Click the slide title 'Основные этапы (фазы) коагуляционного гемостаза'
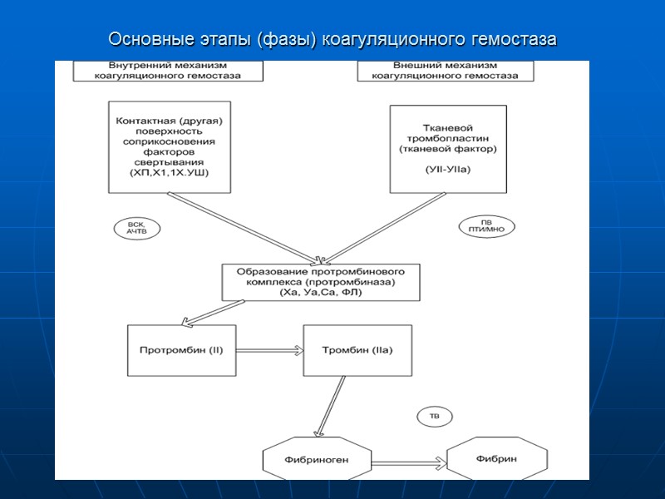click(x=332, y=40)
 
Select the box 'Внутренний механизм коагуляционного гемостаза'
click(x=168, y=71)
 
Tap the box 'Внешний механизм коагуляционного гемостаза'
click(x=446, y=71)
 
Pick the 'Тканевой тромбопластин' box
click(x=448, y=148)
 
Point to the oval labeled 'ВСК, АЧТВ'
click(x=136, y=229)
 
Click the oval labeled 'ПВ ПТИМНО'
click(x=487, y=225)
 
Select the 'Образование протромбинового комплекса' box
click(x=321, y=283)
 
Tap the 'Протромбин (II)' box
click(x=181, y=350)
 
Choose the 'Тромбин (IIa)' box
click(x=357, y=350)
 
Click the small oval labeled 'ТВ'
click(x=434, y=415)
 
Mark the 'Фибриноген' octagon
click(x=317, y=459)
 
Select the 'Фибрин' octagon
click(x=497, y=458)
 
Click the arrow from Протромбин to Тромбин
click(x=269, y=350)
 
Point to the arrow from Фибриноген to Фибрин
click(x=409, y=461)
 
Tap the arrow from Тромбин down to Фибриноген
click(x=329, y=406)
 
